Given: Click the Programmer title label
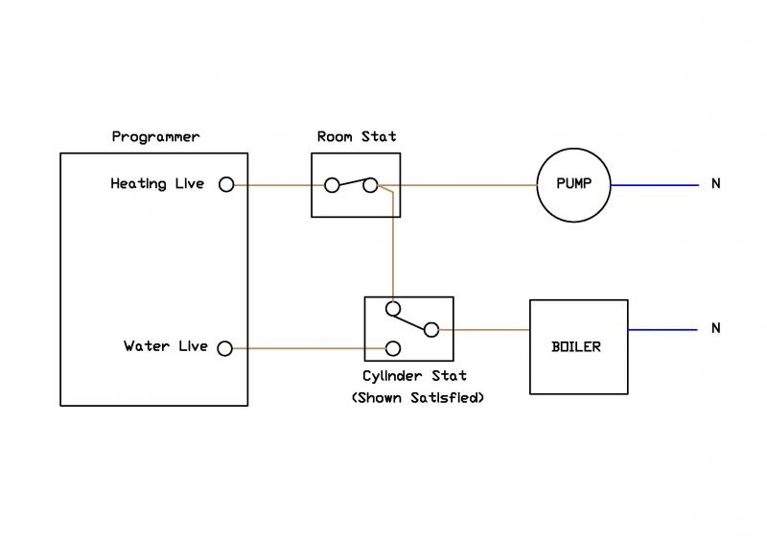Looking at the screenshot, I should click(155, 137).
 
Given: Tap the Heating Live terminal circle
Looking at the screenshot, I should click(226, 184).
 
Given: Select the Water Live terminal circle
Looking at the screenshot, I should click(226, 347).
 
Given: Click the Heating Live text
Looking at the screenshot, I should click(157, 183).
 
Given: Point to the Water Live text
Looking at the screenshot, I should click(165, 346).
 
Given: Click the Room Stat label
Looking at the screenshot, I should click(357, 137).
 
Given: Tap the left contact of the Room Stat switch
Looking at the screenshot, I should click(332, 185).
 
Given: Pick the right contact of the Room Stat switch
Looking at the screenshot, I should click(370, 185).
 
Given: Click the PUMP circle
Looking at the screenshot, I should click(571, 185).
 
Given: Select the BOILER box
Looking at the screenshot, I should click(578, 346).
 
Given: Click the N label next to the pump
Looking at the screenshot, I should click(715, 184).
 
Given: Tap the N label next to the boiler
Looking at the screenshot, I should click(715, 329).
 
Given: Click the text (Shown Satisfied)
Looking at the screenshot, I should click(417, 396).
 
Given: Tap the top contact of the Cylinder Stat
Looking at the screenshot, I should click(392, 309).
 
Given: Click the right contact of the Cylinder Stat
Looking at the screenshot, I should click(431, 330).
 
